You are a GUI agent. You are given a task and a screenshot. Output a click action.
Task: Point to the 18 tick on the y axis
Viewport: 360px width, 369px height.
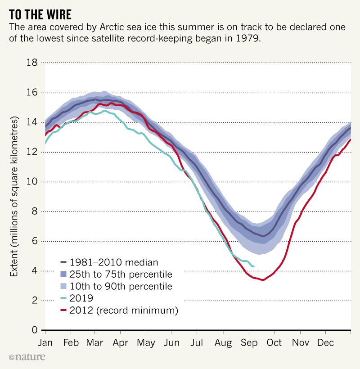(x=32, y=63)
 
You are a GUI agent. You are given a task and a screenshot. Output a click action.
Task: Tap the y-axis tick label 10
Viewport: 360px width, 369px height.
(x=32, y=182)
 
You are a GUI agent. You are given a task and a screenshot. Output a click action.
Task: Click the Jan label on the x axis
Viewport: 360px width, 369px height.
(x=45, y=343)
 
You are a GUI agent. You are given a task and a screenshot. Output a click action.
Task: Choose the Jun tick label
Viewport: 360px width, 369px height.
(x=172, y=343)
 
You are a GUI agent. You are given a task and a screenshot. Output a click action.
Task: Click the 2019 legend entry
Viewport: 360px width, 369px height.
(x=82, y=298)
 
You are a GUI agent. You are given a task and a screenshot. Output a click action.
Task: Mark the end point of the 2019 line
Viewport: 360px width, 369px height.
(x=254, y=266)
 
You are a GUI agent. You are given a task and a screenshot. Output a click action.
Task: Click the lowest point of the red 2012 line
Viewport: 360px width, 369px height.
(x=263, y=280)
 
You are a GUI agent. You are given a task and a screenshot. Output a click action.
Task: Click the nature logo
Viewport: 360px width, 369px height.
(x=27, y=357)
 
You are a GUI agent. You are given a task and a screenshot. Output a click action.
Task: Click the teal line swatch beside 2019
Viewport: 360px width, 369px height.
(x=63, y=298)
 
